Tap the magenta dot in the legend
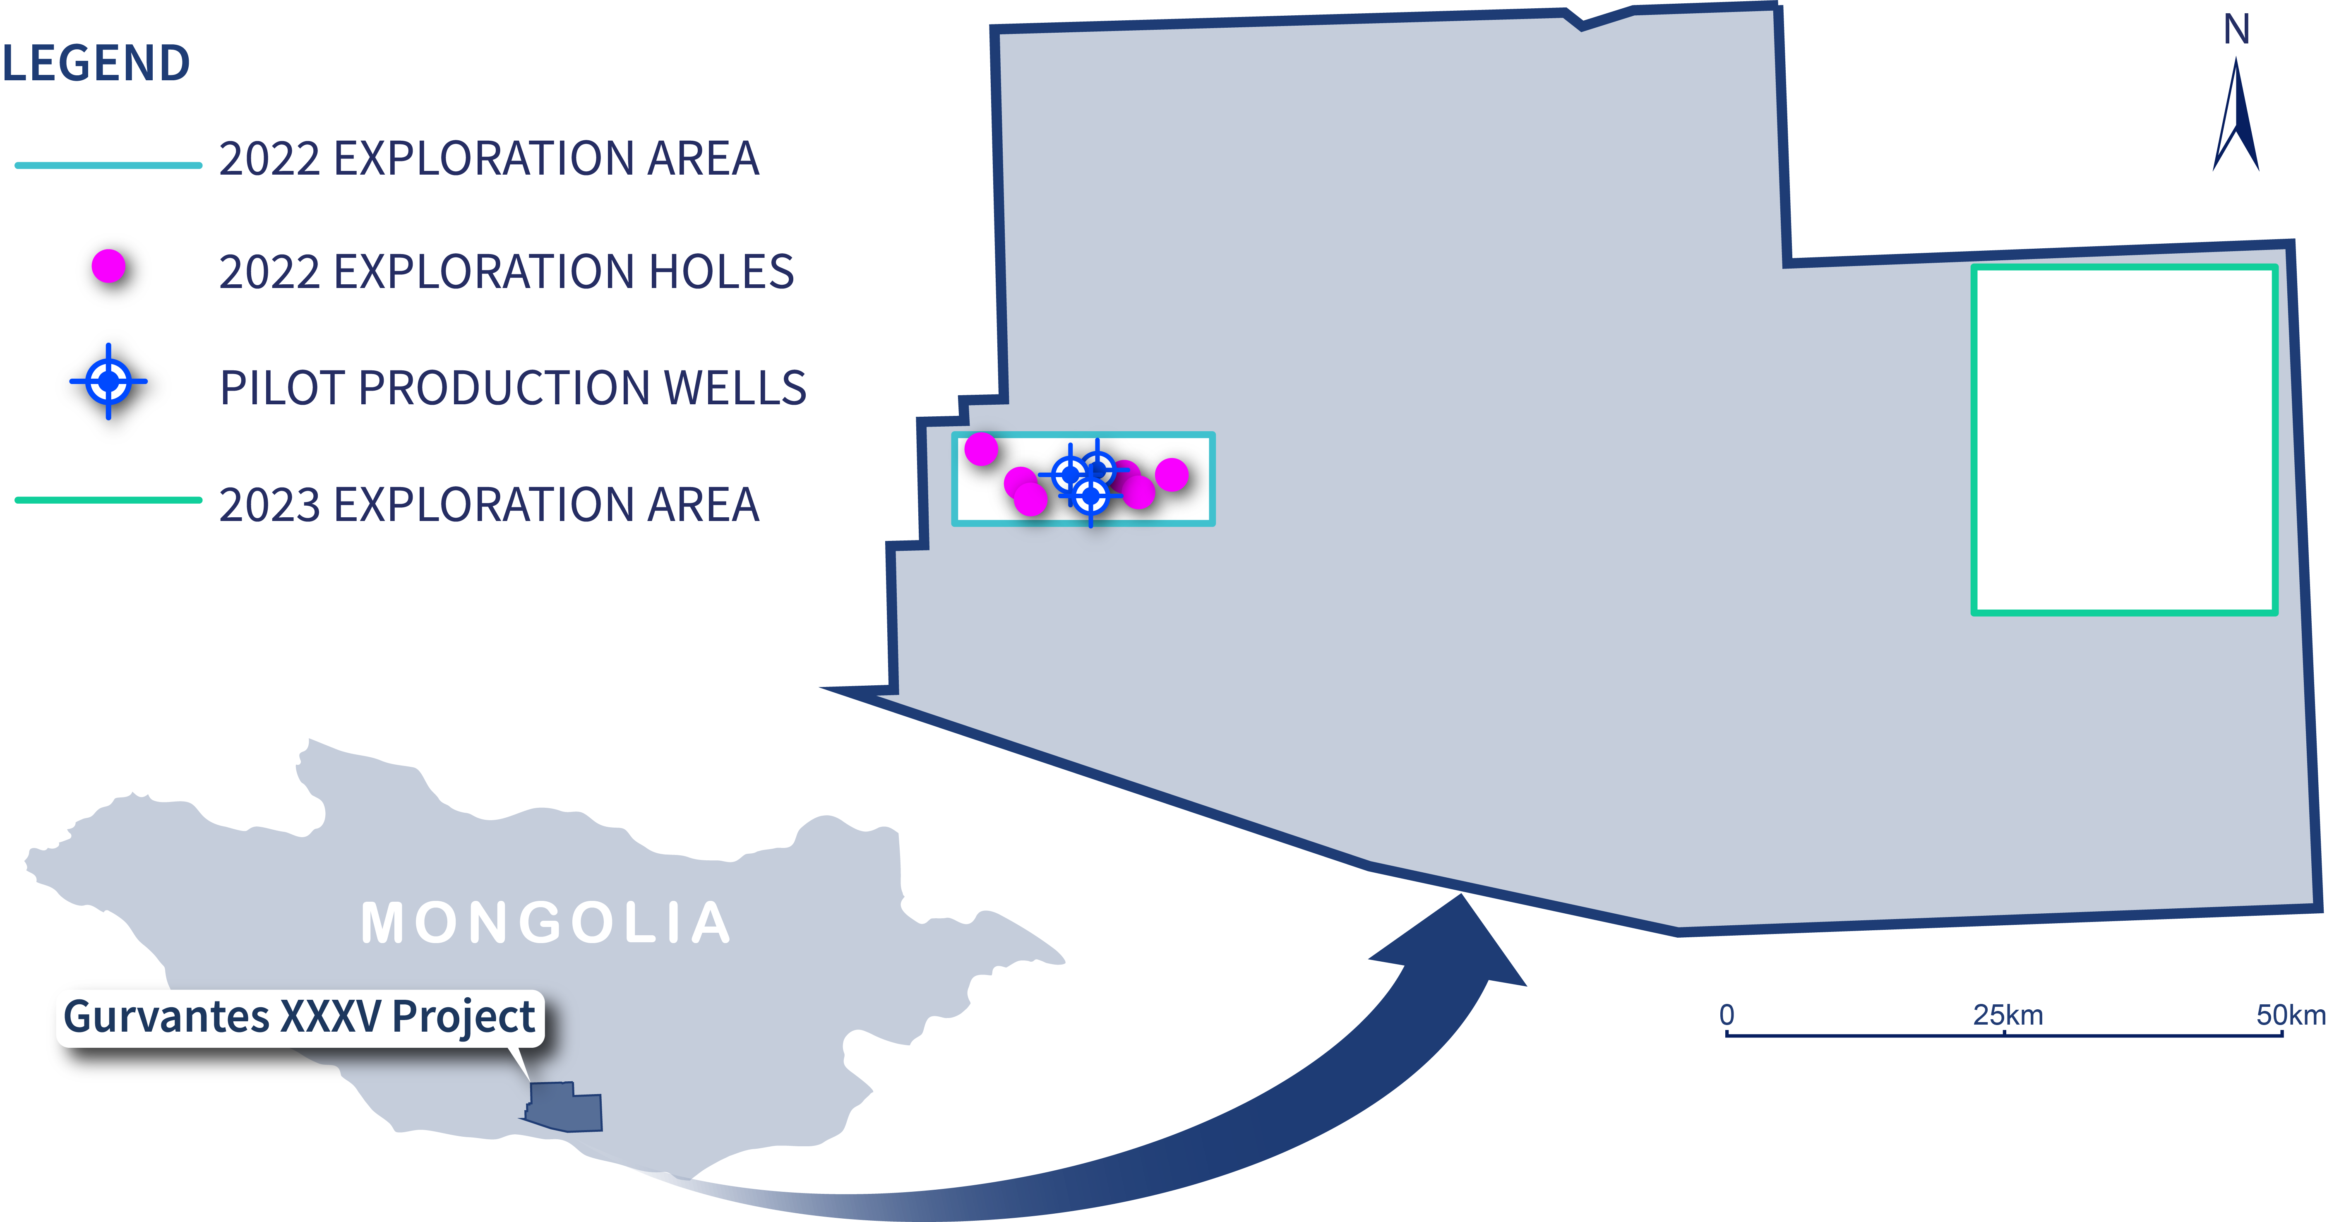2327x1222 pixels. coord(108,266)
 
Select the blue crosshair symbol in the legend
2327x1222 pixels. coord(108,381)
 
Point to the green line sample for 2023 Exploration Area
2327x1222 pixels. coord(108,499)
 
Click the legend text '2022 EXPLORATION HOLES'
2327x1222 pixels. coord(506,272)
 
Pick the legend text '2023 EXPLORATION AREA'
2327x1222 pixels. coord(489,504)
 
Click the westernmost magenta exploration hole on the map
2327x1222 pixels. coord(981,448)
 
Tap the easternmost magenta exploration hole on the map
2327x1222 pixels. coord(1172,474)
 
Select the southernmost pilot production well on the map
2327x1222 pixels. coord(1091,495)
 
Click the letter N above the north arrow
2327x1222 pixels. coord(2237,30)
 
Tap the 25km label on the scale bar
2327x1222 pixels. coord(2007,1015)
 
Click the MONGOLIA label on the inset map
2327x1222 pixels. coord(545,923)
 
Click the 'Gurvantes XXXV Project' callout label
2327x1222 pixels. coord(300,1017)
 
